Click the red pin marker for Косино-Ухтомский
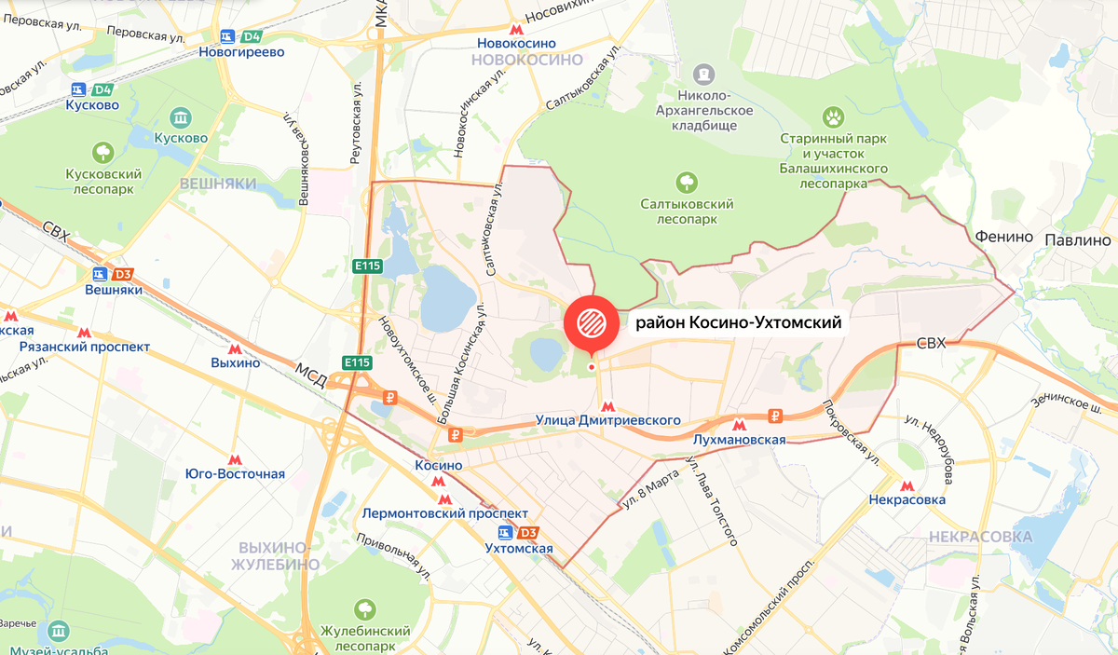(591, 323)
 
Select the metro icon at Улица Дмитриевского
(607, 406)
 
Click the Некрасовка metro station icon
(907, 485)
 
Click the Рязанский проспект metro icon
(84, 333)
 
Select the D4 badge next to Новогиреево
(251, 37)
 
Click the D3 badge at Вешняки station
(122, 275)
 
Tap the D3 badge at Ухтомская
(528, 533)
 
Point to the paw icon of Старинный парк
(832, 116)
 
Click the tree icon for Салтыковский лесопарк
(687, 181)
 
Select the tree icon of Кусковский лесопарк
(102, 151)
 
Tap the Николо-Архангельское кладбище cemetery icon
(704, 72)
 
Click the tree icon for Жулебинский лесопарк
(363, 609)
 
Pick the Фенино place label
(1004, 237)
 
